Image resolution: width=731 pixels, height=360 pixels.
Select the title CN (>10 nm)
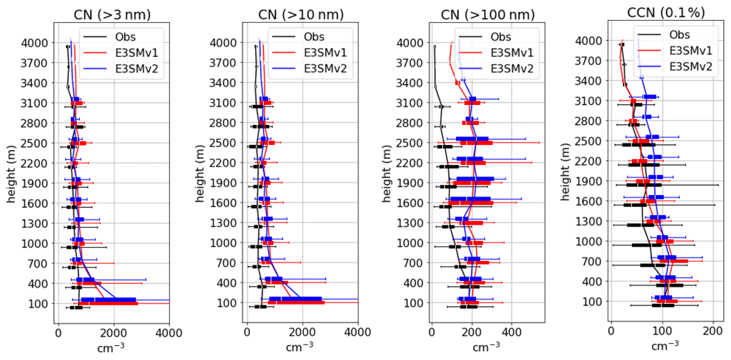302,14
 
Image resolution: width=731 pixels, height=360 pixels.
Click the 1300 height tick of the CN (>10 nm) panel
222,223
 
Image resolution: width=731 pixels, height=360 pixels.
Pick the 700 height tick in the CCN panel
590,261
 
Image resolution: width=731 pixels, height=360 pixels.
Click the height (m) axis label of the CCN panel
566,172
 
